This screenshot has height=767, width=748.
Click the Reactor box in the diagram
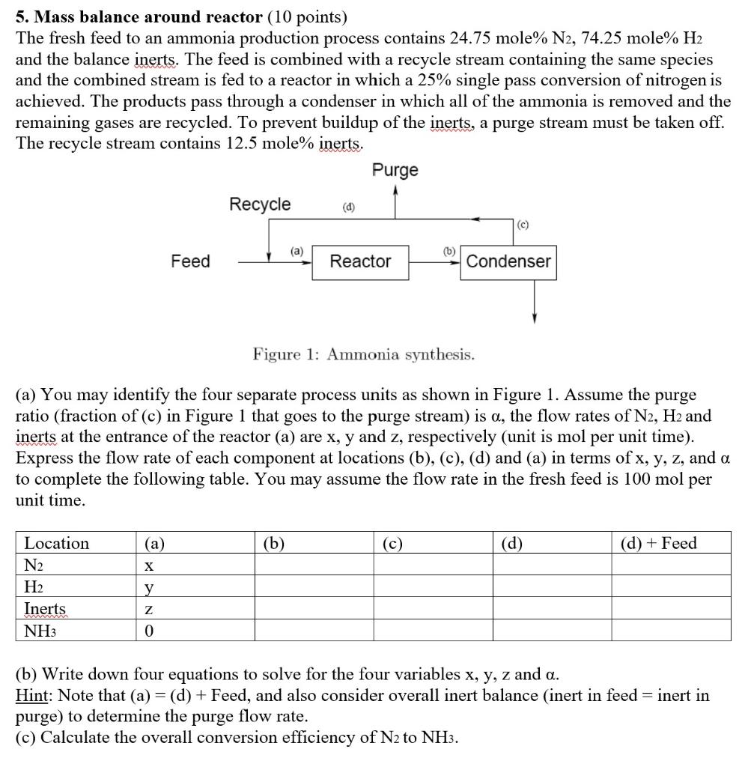[360, 261]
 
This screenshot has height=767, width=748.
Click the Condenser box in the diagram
[508, 261]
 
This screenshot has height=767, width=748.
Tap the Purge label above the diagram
[395, 170]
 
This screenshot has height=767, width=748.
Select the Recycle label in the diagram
[260, 204]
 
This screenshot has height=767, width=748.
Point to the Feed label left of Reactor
[190, 261]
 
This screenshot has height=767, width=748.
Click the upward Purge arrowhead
[395, 190]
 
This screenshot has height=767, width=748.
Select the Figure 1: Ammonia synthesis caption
[363, 354]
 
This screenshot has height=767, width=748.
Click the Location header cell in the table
[57, 543]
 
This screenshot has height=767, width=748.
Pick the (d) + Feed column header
[659, 543]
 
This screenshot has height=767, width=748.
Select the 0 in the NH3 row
[149, 630]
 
